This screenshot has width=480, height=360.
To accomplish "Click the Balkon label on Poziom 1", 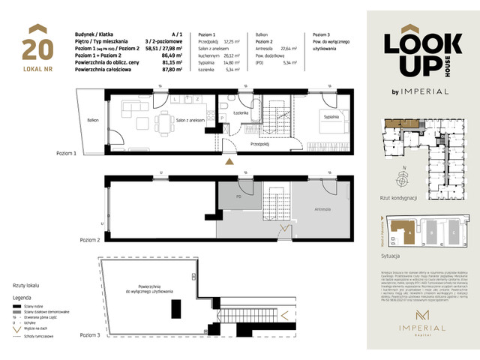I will click(x=92, y=119).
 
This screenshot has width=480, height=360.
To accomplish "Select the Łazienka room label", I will click(x=241, y=112).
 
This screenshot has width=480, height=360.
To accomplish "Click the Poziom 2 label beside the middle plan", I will click(x=68, y=240).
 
